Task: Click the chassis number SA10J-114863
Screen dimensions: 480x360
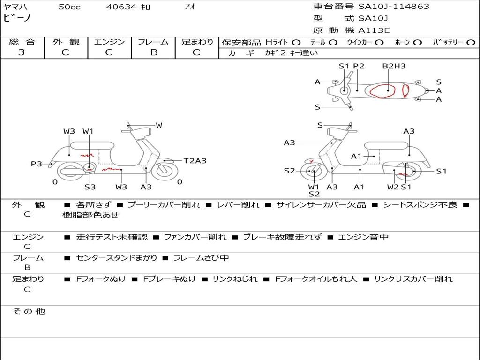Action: (x=394, y=7)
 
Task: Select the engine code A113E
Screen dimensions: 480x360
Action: (x=374, y=31)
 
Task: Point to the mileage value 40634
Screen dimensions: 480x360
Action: (x=121, y=7)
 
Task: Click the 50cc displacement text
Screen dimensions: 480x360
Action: (x=69, y=7)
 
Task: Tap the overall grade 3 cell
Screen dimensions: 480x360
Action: (x=22, y=52)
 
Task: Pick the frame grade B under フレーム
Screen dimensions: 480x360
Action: (x=154, y=52)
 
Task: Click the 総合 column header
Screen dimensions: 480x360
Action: (x=22, y=42)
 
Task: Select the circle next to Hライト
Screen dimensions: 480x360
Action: (x=296, y=43)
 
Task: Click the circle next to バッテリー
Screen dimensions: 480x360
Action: (x=471, y=43)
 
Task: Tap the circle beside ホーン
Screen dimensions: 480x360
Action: (x=417, y=43)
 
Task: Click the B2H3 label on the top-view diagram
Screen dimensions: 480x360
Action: (x=393, y=66)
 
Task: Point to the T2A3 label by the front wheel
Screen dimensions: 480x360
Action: (x=195, y=161)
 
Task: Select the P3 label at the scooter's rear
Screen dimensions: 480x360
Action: (x=36, y=164)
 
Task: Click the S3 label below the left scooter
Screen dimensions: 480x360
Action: (x=90, y=187)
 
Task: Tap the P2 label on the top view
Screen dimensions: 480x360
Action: (x=359, y=66)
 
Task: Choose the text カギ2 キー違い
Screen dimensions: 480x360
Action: (x=291, y=53)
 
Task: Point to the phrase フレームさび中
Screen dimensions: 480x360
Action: (x=201, y=258)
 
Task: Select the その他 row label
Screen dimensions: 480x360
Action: (x=29, y=311)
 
